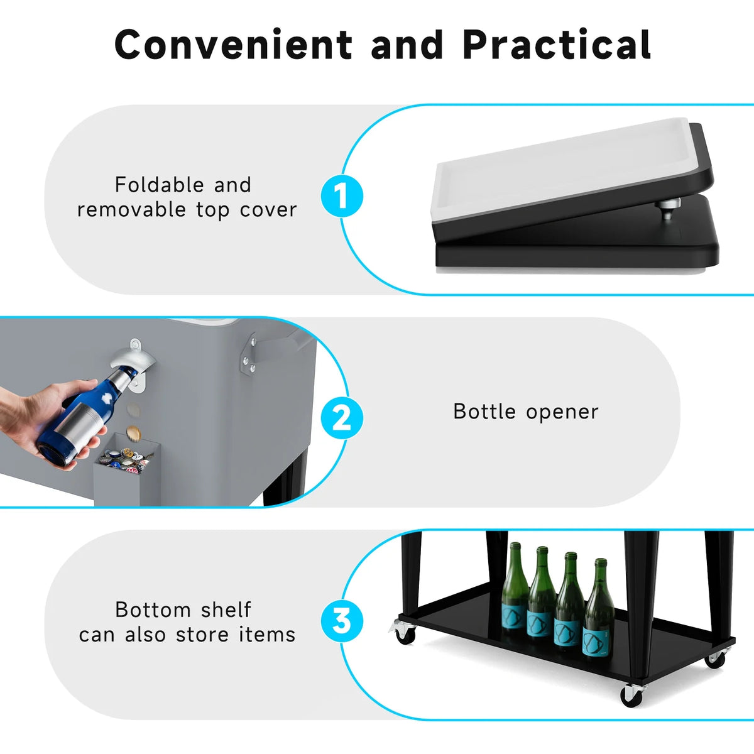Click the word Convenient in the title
[233, 44]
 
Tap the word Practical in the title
[557, 44]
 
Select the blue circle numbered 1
[342, 196]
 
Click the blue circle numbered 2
[342, 418]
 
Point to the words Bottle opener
[526, 412]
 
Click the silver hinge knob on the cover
[668, 209]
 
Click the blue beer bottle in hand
[87, 418]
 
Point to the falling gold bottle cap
[134, 433]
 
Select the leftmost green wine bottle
[515, 586]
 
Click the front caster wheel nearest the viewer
[631, 694]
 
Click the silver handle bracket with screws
[248, 352]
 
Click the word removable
[131, 210]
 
